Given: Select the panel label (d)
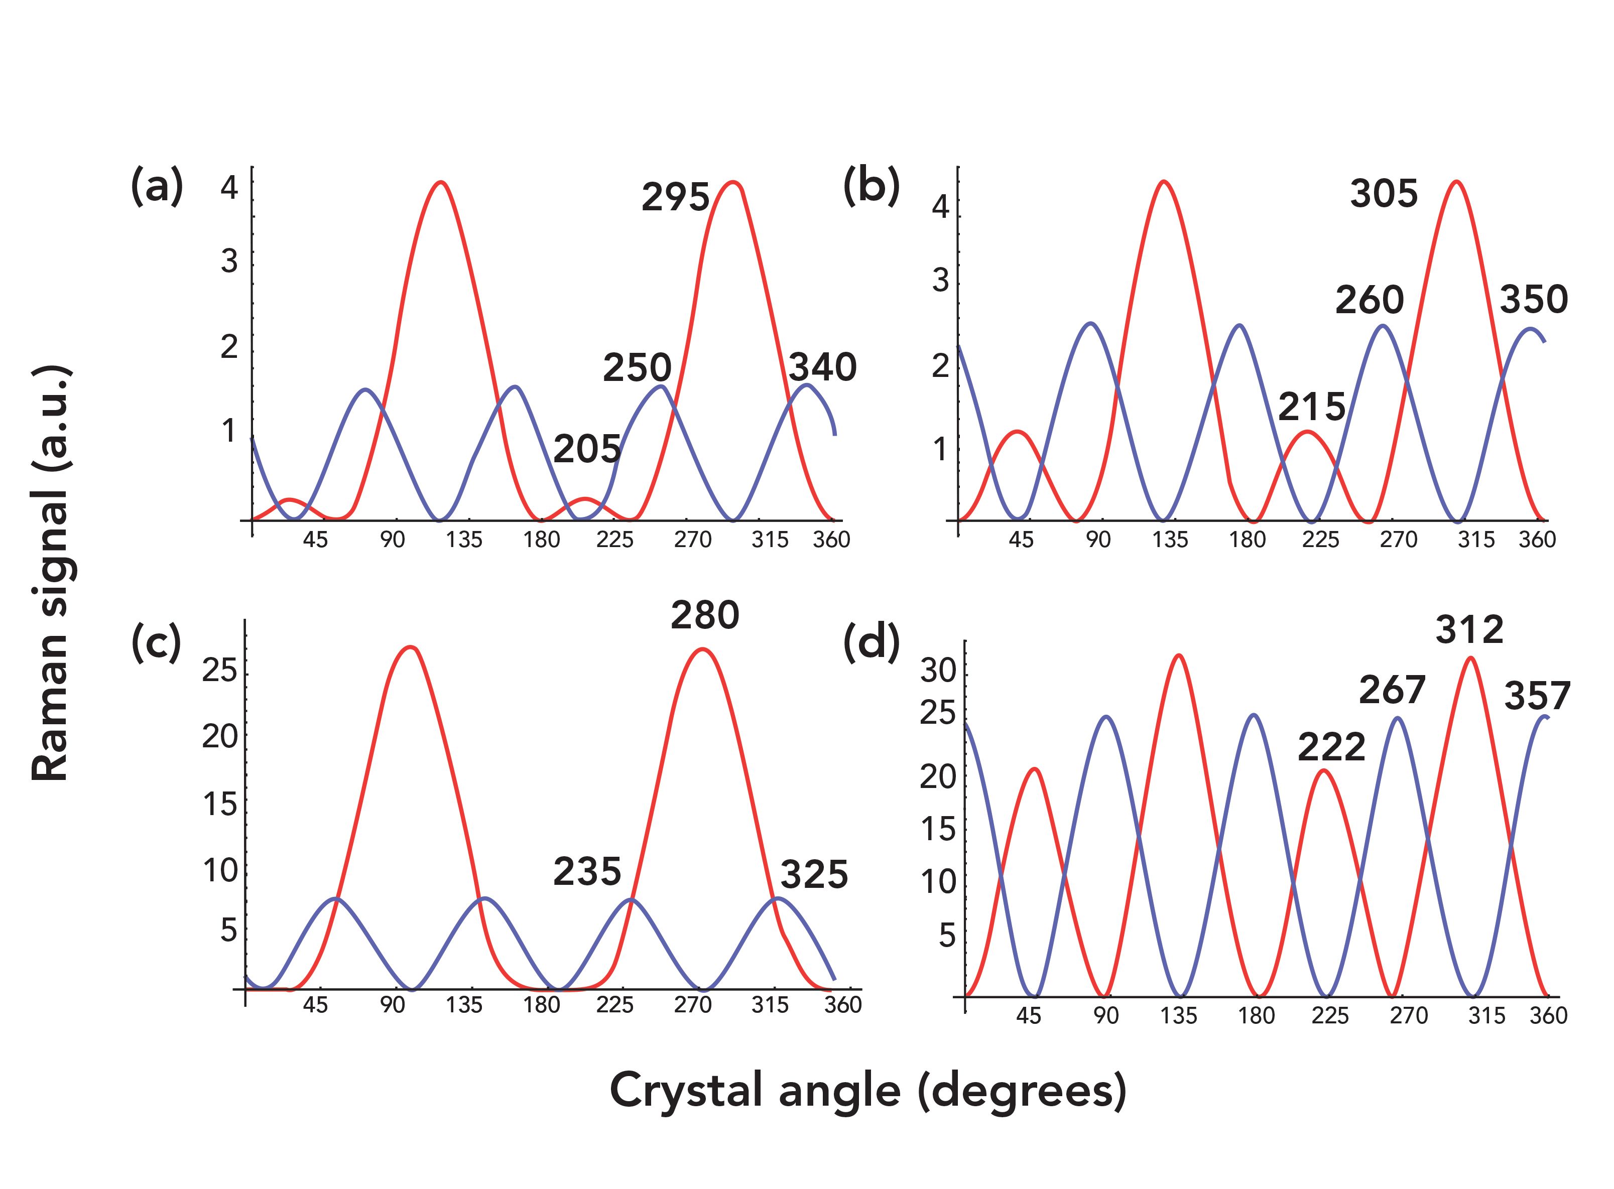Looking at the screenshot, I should coord(871,643).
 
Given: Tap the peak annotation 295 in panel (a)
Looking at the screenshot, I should coord(675,196).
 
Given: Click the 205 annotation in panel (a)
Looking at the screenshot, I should coord(587,450).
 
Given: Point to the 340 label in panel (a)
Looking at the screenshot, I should coord(822,367).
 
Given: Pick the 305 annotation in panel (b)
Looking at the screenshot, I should coord(1383,193).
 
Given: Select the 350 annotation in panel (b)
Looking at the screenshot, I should coord(1533,300).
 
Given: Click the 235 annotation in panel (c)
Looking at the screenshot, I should coord(587,872).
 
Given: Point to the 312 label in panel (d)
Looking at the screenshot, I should coord(1468,630).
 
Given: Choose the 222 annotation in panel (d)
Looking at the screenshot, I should coord(1331,747).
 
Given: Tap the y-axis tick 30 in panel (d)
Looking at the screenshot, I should coord(937,671).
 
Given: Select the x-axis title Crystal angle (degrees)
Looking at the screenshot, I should coord(867,1090).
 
